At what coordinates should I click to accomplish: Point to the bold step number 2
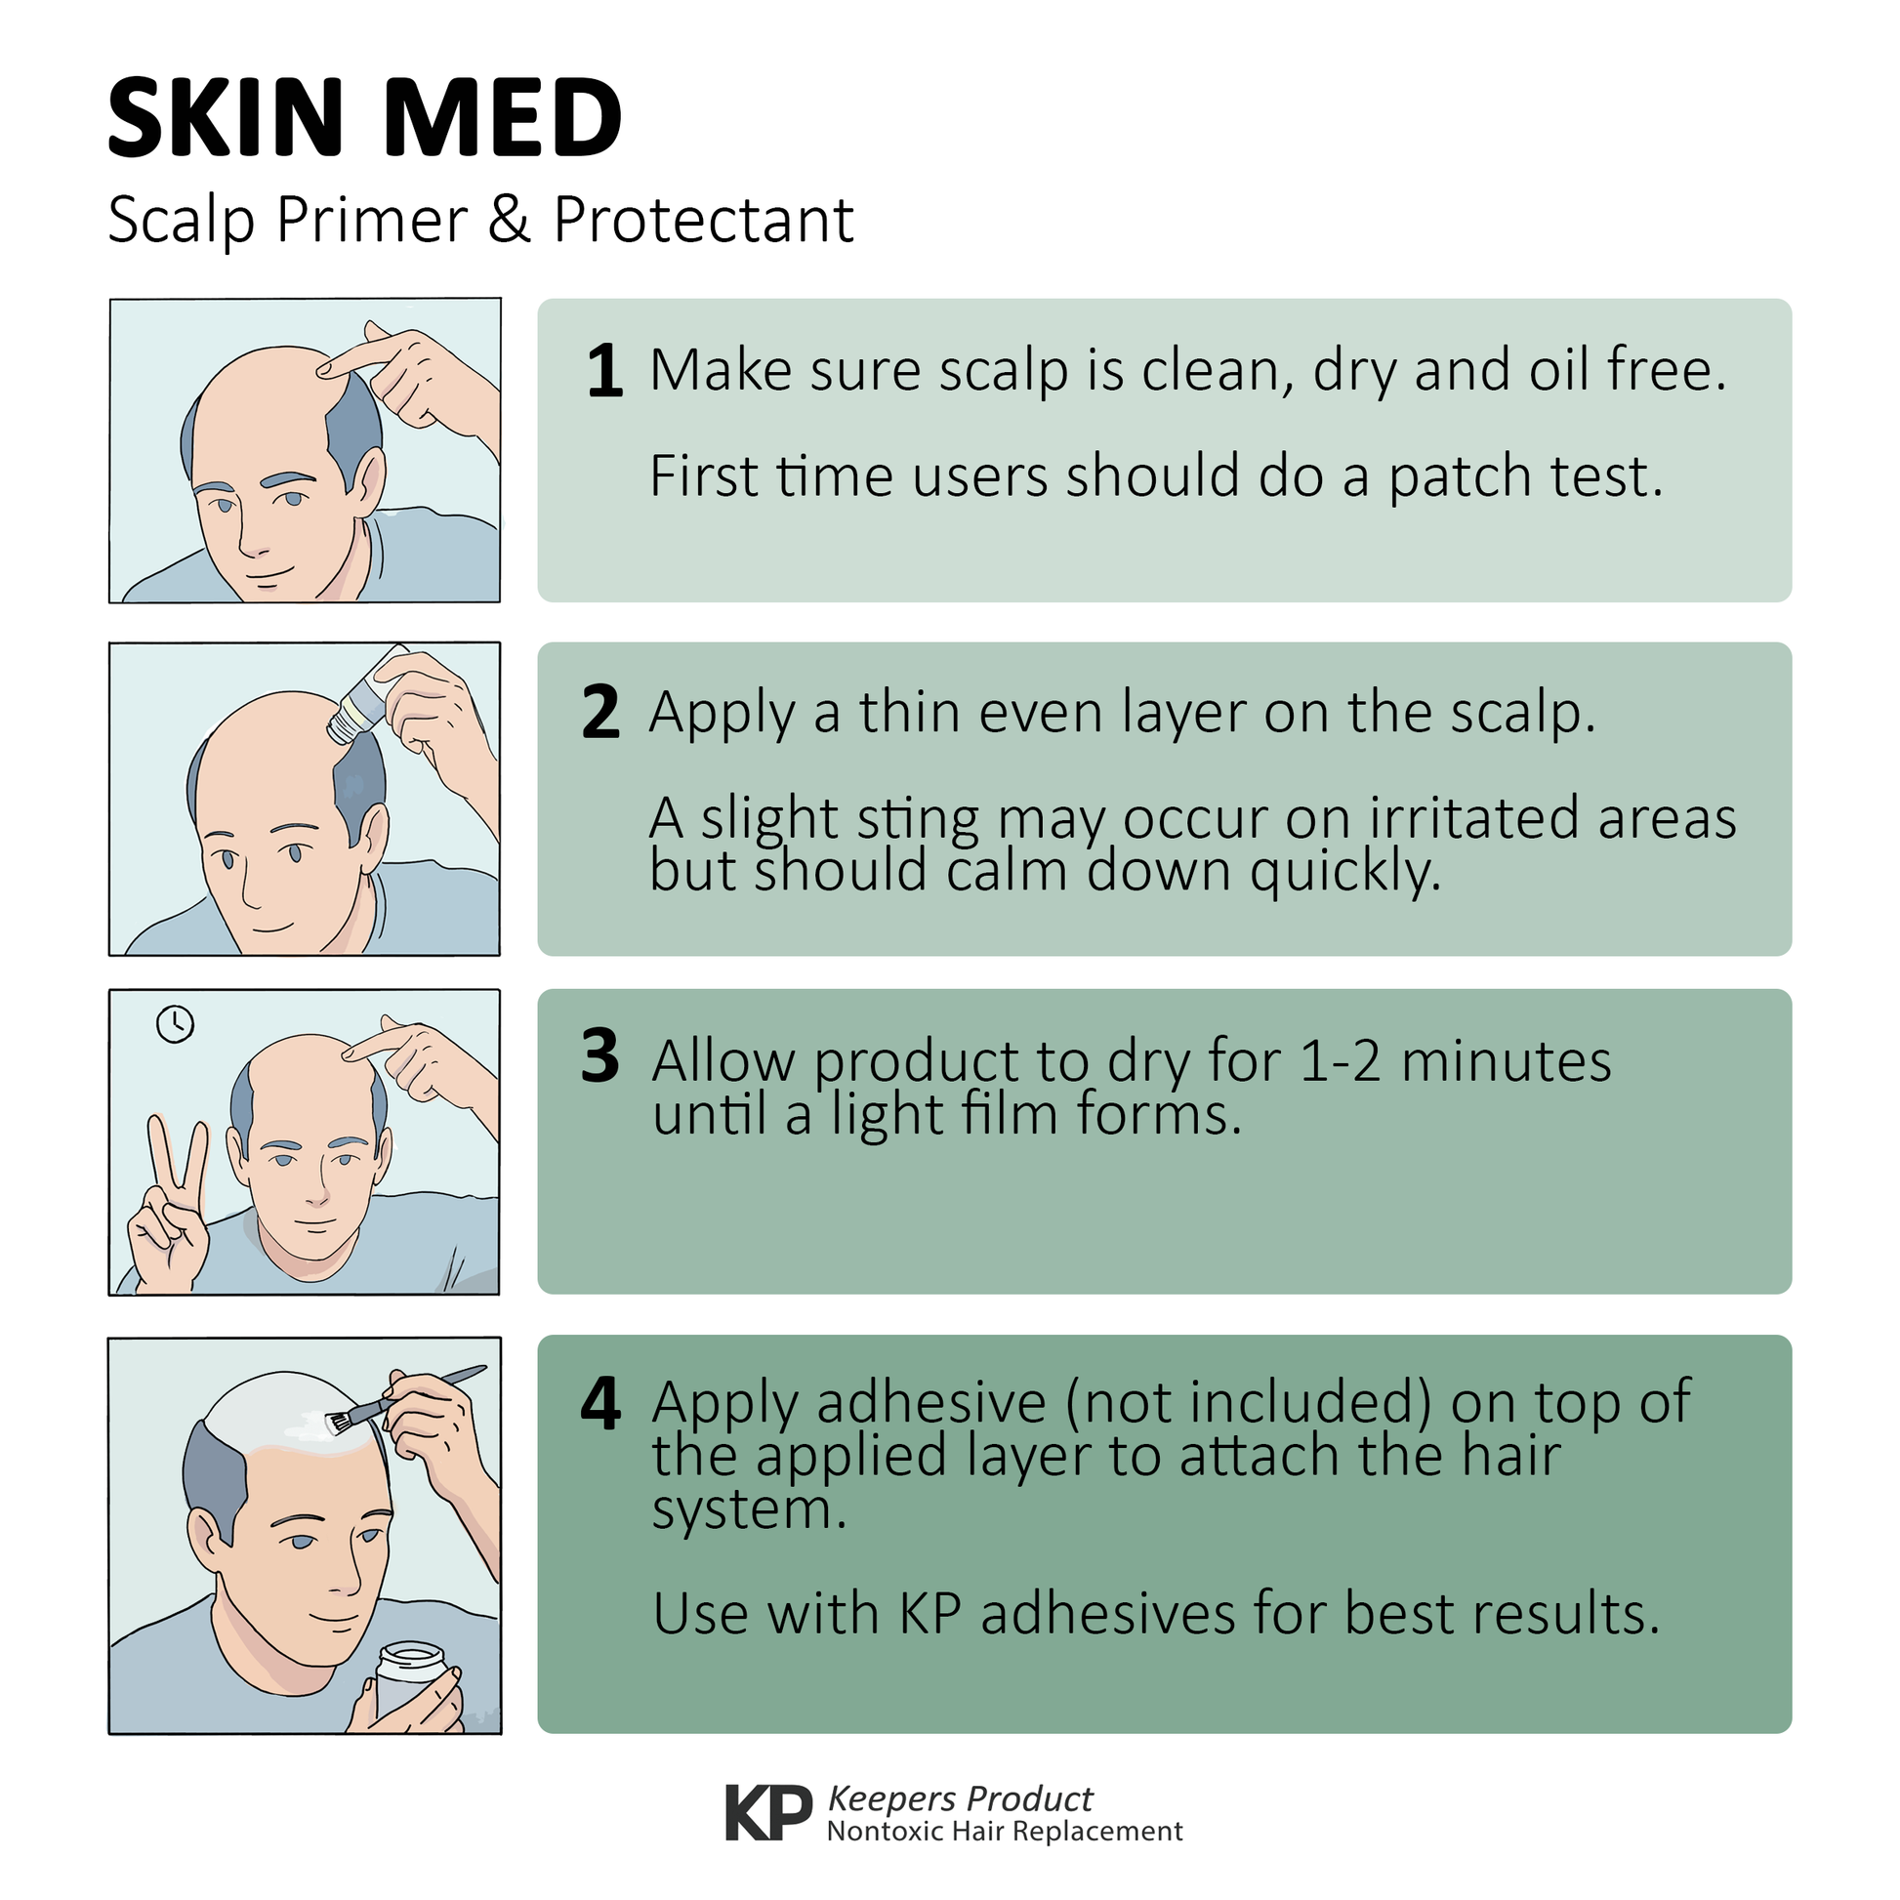click(x=600, y=712)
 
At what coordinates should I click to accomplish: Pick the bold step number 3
click(x=599, y=1056)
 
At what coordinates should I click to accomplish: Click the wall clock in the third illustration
click(x=175, y=1025)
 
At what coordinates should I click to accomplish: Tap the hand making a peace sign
click(x=169, y=1204)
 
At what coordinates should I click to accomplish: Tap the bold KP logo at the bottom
click(x=769, y=1812)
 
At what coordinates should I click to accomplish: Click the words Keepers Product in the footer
click(x=960, y=1798)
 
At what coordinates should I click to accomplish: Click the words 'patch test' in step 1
click(x=1525, y=478)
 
